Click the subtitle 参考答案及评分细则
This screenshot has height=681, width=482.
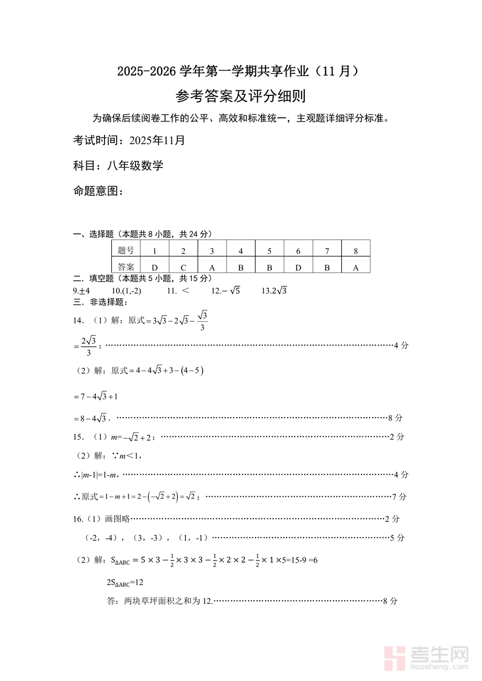click(240, 96)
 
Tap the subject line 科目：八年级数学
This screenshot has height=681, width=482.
click(118, 165)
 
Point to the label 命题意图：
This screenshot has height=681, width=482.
click(98, 191)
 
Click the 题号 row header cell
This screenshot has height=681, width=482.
click(126, 251)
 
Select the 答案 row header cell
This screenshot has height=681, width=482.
click(126, 267)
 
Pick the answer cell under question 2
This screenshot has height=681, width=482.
click(183, 267)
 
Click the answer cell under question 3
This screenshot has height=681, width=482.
click(212, 267)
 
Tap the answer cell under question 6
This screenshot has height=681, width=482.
click(298, 267)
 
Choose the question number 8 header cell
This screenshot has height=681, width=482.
click(356, 251)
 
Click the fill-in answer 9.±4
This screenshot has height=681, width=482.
click(81, 291)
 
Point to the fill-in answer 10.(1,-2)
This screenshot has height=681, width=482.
click(126, 291)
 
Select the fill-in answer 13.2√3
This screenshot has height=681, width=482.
click(275, 291)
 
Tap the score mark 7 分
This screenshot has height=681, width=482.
click(399, 497)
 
